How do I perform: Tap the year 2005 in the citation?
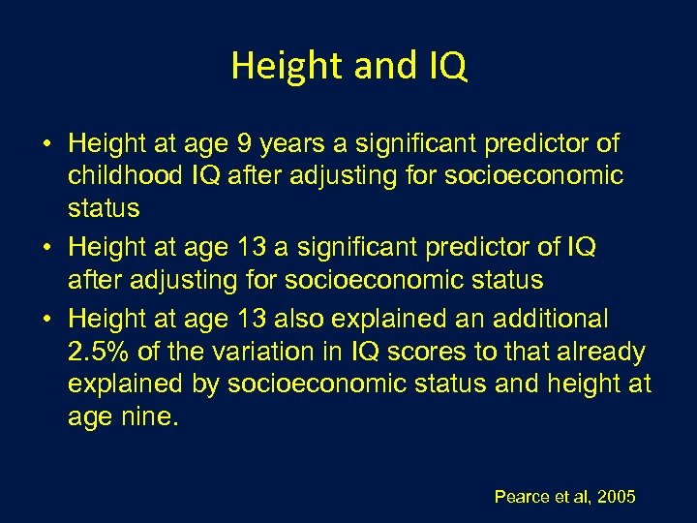(x=617, y=497)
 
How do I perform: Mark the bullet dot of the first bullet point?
(x=46, y=145)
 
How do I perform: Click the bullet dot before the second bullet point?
(x=46, y=248)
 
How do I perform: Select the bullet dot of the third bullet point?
(x=46, y=319)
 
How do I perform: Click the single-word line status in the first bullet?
(x=104, y=209)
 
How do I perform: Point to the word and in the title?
(x=367, y=66)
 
